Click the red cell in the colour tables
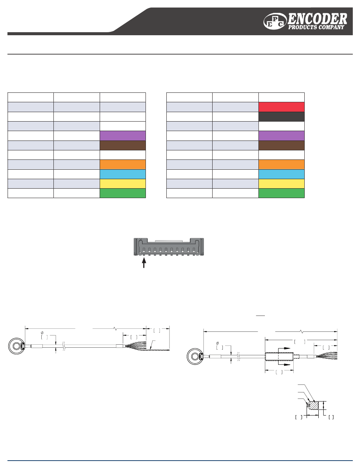(282, 107)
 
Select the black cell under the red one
(282, 117)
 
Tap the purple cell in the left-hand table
(123, 136)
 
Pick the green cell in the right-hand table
(282, 193)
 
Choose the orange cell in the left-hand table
(123, 164)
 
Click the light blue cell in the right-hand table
(282, 174)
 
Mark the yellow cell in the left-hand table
(123, 184)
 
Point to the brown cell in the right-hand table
(282, 145)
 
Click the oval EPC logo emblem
(275, 21)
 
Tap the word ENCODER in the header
(317, 19)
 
